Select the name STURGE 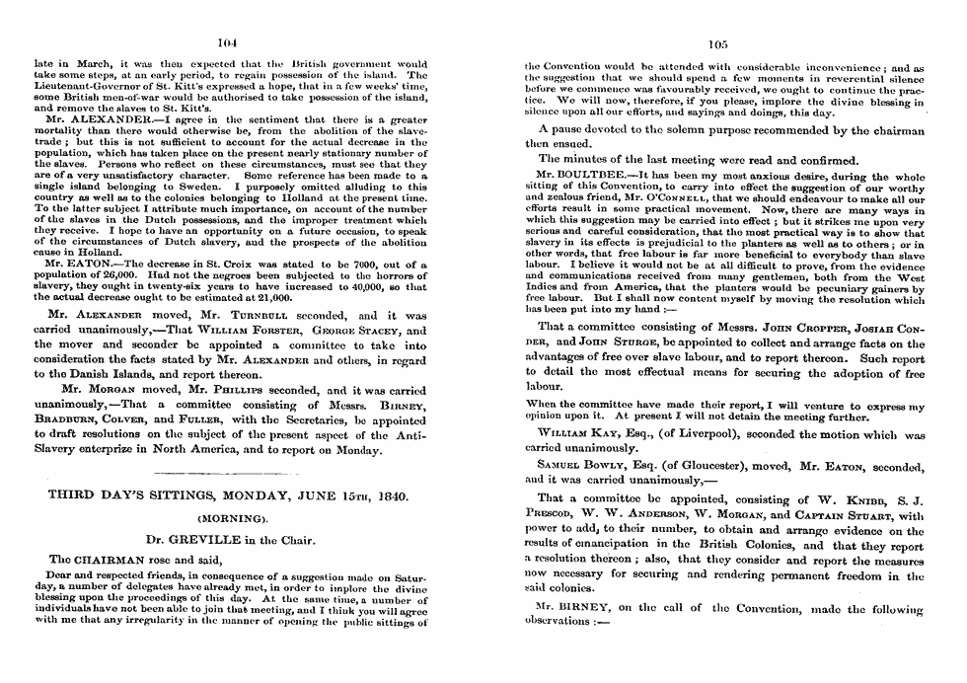(x=613, y=343)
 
